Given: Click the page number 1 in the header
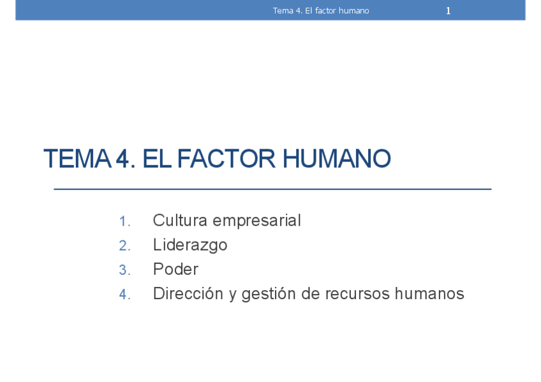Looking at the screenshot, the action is (448, 11).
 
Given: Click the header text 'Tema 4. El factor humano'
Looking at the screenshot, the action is (321, 11).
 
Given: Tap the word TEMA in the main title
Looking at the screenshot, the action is (78, 159).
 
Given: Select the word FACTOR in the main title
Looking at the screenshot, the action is (226, 159).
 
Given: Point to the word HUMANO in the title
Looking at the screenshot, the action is (337, 159).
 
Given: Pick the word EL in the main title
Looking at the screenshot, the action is (157, 159).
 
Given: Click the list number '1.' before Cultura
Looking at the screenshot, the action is (124, 221).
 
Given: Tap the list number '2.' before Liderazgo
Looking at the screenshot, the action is (124, 246).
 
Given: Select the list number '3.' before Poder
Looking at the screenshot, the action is (124, 270).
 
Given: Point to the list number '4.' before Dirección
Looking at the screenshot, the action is (124, 295).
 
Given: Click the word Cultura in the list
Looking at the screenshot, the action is (180, 220).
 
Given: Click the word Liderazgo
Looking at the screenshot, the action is (190, 246).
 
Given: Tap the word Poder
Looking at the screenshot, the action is (175, 269).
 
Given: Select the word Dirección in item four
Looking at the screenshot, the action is (188, 293).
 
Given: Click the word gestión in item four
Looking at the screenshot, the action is (269, 294).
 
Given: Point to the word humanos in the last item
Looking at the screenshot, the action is (429, 293).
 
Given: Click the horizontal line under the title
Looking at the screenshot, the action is (272, 189).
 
